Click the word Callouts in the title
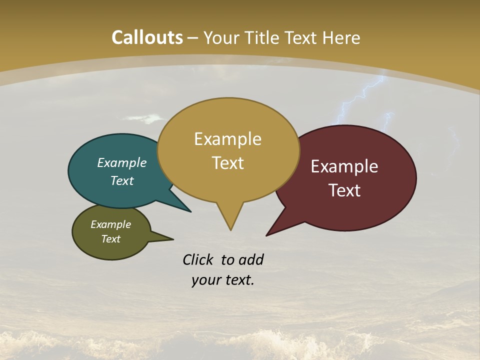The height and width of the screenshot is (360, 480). (147, 37)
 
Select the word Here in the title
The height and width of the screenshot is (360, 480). (341, 37)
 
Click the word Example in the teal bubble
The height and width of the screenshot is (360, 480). (122, 162)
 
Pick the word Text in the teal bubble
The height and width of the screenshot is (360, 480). (122, 180)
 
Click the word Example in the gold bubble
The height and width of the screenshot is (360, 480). (227, 139)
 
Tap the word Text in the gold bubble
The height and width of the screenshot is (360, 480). (227, 163)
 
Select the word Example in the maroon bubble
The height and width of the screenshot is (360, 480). (344, 166)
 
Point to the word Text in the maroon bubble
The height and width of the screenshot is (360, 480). (344, 190)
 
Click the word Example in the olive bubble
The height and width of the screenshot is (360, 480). (111, 224)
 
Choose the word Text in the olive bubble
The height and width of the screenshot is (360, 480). (111, 239)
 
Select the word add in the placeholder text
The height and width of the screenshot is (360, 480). (251, 259)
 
